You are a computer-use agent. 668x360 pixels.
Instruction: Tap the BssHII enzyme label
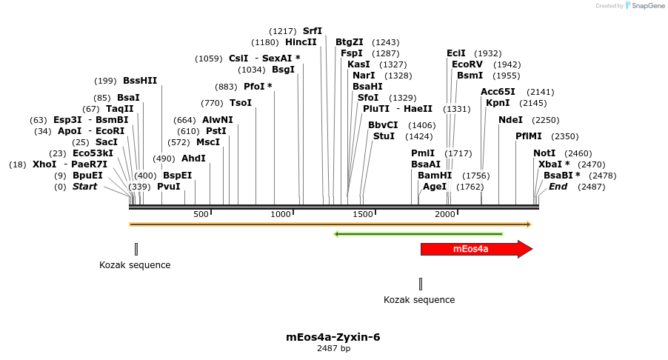coord(140,81)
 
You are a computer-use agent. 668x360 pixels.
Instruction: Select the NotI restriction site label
coord(544,153)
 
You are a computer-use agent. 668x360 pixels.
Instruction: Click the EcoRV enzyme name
coord(467,64)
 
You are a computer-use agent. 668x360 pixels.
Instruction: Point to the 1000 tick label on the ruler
coord(281,214)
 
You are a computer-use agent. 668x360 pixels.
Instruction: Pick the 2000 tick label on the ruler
coord(444,214)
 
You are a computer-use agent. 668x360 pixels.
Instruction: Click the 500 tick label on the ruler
coord(201,214)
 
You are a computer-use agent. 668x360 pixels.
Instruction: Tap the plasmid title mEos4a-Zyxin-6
coord(333,337)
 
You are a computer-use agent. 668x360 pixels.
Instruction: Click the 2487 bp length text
coord(333,348)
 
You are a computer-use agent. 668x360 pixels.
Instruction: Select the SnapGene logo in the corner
coord(643,6)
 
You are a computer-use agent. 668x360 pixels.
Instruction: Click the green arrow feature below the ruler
coord(419,234)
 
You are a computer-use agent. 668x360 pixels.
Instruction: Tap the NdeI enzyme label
coord(510,120)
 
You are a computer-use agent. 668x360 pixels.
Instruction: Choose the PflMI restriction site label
coord(529,136)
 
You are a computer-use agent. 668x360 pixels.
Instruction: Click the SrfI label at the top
coord(313,31)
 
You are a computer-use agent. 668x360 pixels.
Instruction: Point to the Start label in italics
coord(84,187)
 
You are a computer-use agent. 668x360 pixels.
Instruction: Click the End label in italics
coord(558,187)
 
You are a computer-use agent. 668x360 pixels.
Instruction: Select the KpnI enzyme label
coord(498,103)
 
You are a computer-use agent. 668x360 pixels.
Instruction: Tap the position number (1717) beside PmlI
coord(458,153)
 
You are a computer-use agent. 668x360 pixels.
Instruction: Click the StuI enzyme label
coord(384,136)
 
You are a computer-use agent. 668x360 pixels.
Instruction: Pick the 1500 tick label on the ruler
coord(363,214)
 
